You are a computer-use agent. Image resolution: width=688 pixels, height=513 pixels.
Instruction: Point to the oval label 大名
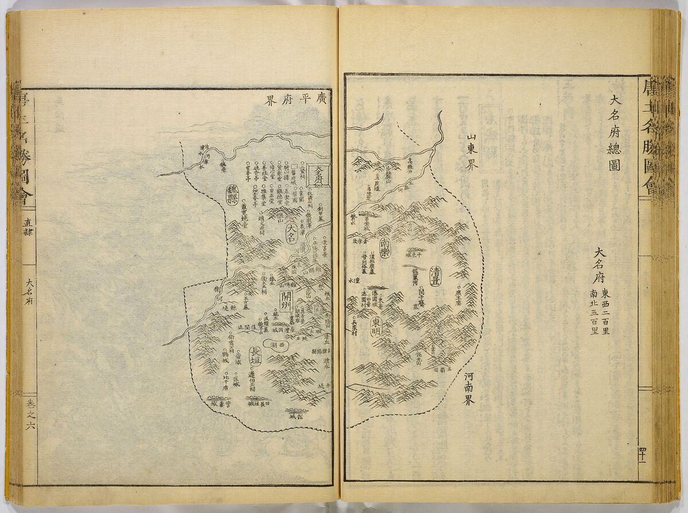point(293,234)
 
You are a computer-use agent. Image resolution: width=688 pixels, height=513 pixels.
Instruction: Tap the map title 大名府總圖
point(607,135)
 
